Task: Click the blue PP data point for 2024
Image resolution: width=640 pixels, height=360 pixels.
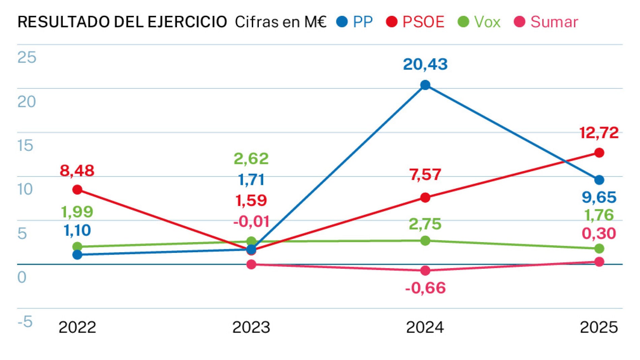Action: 425,85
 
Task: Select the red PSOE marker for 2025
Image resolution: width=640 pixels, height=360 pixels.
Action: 599,153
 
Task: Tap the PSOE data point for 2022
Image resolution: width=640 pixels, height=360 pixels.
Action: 77,190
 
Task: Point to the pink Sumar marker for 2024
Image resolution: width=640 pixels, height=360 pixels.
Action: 425,270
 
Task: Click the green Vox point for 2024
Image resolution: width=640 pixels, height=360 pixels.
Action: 425,240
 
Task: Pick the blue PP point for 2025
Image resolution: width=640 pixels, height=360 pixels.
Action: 599,180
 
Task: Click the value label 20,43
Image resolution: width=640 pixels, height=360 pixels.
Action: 425,64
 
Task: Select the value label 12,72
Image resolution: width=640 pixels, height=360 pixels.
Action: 599,133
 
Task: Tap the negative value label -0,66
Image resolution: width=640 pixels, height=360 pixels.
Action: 425,288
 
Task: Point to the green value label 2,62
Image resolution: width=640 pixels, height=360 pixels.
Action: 251,158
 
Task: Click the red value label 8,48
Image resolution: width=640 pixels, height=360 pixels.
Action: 77,170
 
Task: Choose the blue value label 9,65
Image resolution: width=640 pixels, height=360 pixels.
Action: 599,197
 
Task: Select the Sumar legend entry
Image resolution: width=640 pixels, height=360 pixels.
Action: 546,22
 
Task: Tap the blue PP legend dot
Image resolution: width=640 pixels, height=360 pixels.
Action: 342,22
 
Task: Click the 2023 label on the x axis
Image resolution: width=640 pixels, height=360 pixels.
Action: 251,327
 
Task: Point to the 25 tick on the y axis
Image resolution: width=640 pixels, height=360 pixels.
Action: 27,57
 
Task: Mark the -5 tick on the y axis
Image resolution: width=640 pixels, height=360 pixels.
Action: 25,322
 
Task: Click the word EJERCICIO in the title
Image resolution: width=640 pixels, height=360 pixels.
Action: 187,22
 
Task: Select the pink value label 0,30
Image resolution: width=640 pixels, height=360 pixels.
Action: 599,233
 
